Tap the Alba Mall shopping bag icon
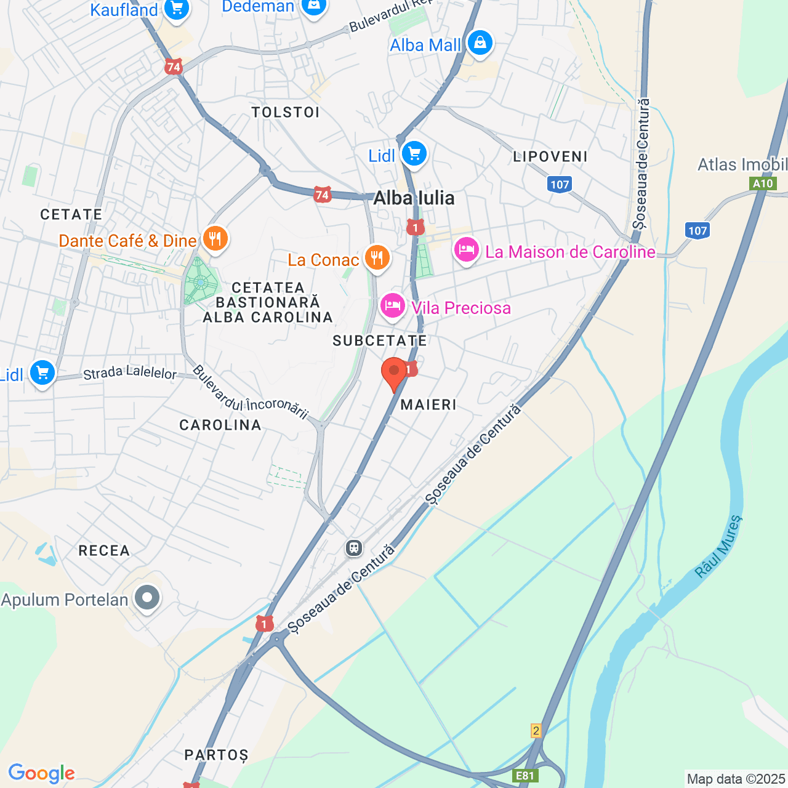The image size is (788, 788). pos(480,43)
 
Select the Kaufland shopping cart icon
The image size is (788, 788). pos(177,9)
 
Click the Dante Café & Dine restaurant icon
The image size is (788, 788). pos(215,238)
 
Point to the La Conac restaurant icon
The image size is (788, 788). pos(377,257)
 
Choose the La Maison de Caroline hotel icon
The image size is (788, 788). pos(467,250)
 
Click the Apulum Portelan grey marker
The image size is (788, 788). pos(147,597)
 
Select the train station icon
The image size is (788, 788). pos(354,547)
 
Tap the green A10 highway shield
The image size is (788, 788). pos(763,183)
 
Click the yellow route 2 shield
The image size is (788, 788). pos(536,731)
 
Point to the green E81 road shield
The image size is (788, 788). pos(525,776)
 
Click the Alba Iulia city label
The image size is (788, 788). pos(414,198)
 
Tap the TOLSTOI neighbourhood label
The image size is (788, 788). pos(286,112)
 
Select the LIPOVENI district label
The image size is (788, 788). pos(550,156)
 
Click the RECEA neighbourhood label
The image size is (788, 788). pos(104,550)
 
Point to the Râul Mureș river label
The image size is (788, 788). pos(718,546)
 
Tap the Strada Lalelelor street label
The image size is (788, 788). pos(130,373)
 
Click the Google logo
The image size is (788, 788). pos(41,773)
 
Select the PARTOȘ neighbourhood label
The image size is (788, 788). pos(217,755)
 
